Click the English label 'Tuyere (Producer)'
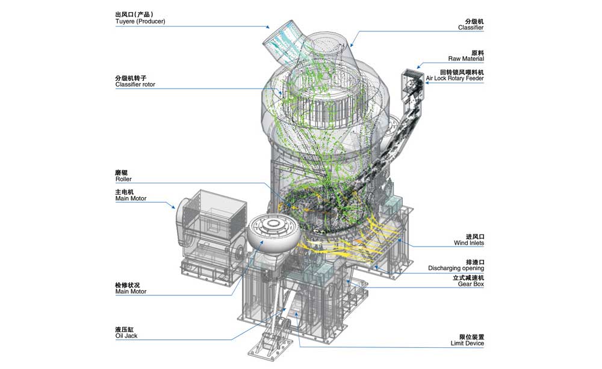(x=140, y=22)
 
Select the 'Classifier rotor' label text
(x=135, y=84)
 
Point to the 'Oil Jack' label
(x=126, y=335)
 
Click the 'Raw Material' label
(x=466, y=59)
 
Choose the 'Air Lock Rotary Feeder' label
(x=455, y=78)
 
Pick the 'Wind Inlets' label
(x=468, y=243)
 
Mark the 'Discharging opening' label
(x=456, y=268)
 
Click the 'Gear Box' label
(x=470, y=283)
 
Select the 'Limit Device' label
(x=467, y=344)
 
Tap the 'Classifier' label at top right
(x=470, y=28)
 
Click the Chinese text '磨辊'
(x=121, y=172)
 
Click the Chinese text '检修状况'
(x=127, y=285)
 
